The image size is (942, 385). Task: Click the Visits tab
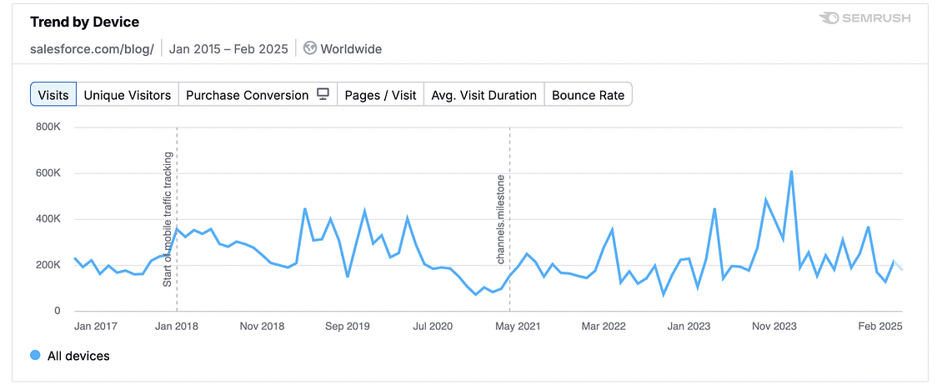54,94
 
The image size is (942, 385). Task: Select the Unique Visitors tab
128,94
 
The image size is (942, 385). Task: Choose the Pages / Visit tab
380,94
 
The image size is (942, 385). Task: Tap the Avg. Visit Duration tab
484,94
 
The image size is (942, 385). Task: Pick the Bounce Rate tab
588,94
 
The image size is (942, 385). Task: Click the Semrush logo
864,18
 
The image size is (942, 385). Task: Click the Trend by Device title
85,22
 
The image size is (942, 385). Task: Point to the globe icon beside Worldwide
310,48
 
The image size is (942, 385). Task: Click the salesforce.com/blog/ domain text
92,48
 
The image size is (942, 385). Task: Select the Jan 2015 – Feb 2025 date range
228,48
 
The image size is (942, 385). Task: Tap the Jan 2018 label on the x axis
177,326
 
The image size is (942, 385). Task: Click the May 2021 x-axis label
517,326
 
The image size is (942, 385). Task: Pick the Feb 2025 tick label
880,326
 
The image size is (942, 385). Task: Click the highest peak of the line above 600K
790,172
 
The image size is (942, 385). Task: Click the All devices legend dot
35,356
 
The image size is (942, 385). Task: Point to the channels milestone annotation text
501,219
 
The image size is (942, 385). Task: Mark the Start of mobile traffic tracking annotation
168,219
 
